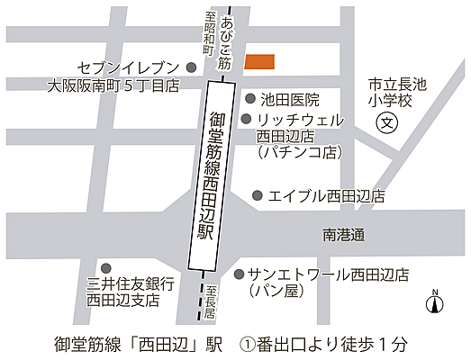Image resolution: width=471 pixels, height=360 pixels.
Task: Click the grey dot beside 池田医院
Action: [x=249, y=99]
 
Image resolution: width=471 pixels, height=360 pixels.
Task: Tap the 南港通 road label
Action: [x=343, y=235]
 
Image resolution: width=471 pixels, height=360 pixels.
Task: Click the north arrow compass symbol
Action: [x=434, y=303]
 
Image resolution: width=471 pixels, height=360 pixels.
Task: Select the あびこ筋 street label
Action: [x=225, y=45]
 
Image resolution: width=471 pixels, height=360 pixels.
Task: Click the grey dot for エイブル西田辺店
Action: [x=257, y=194]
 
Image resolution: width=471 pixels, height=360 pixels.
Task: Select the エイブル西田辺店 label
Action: [x=327, y=195]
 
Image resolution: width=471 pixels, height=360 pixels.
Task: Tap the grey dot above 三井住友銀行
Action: [x=106, y=267]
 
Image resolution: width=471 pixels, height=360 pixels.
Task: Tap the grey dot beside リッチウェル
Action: [x=246, y=119]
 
